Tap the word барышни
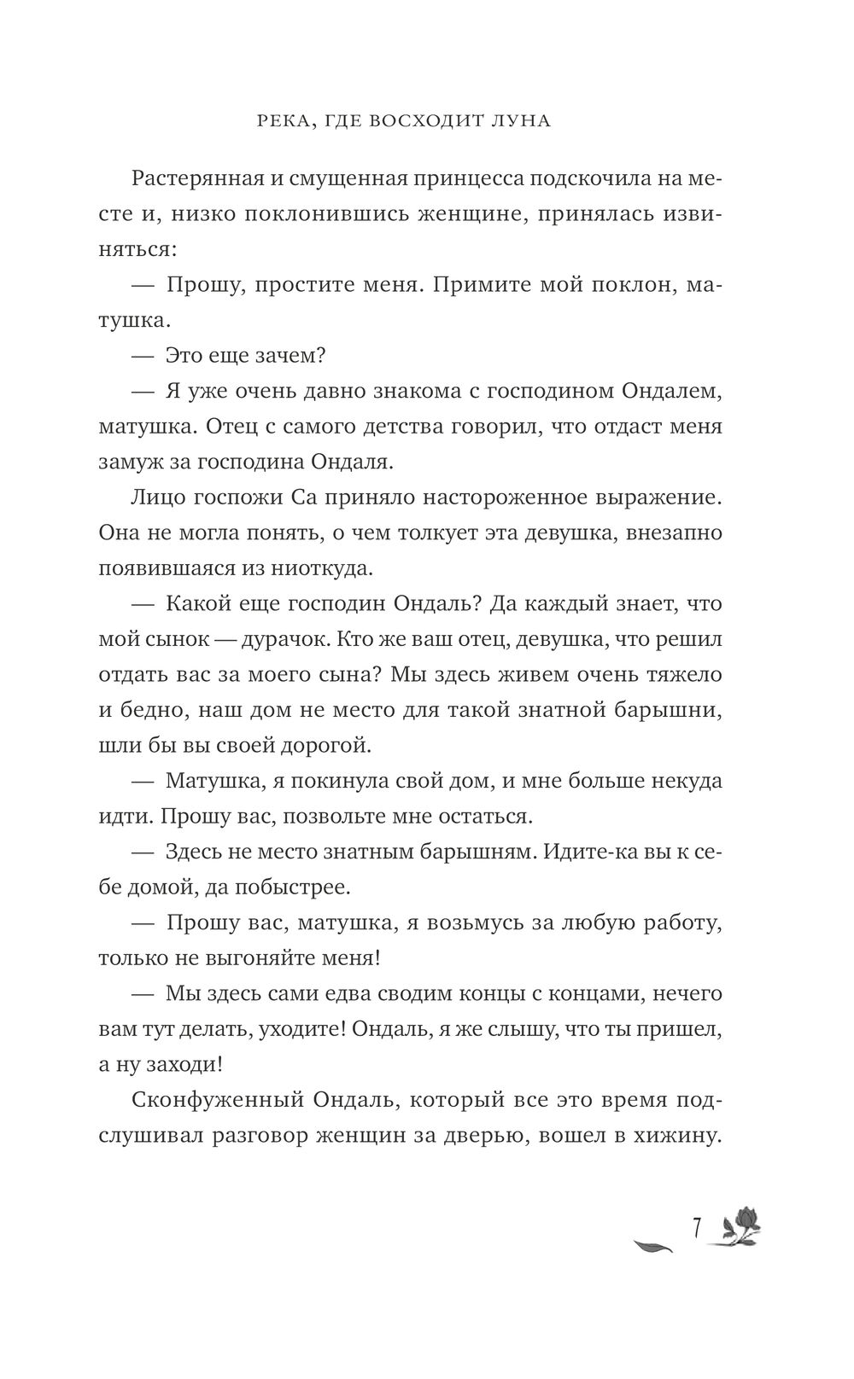[670, 710]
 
